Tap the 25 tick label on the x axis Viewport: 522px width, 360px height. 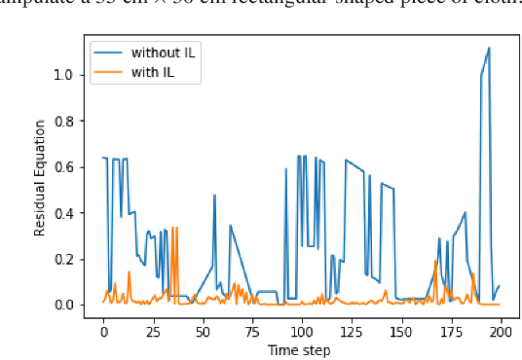[153, 331]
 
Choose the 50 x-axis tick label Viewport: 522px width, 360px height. [203, 331]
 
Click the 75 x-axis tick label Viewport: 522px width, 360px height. [252, 331]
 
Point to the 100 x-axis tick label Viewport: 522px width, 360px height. [302, 331]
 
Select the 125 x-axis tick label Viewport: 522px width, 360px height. [352, 331]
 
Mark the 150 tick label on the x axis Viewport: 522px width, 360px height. [401, 331]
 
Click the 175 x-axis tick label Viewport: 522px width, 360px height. [451, 331]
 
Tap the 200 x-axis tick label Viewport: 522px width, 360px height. [501, 331]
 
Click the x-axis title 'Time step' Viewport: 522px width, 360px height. [301, 349]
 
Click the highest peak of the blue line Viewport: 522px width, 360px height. [489, 47]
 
